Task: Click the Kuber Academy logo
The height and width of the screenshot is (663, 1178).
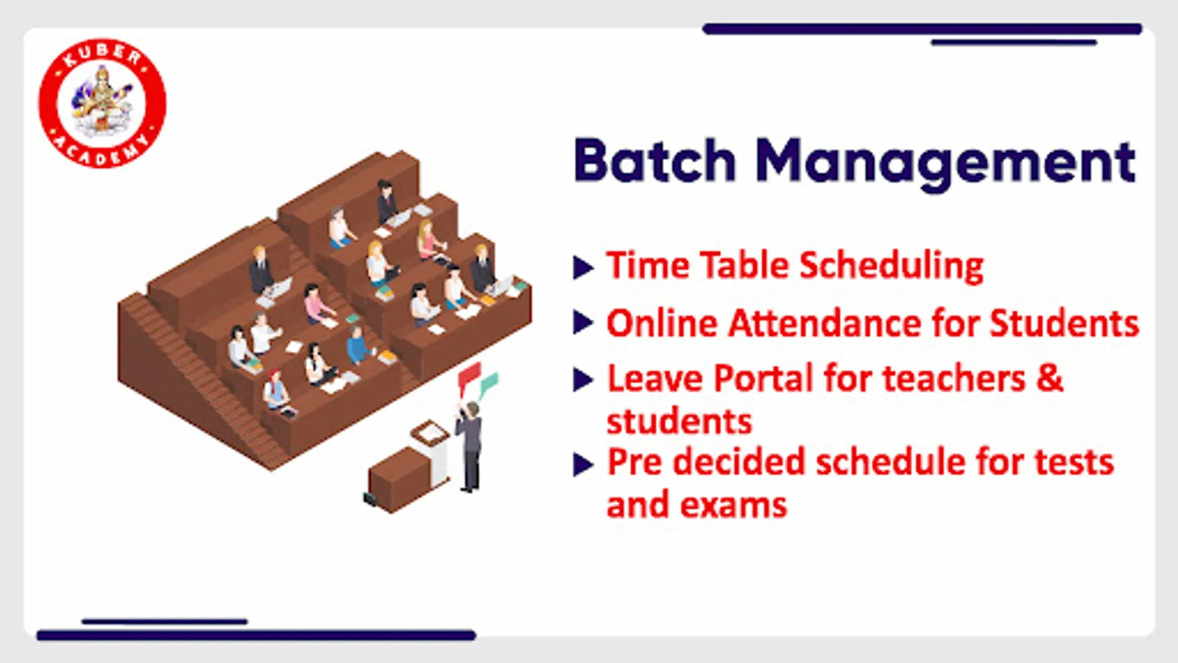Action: tap(102, 104)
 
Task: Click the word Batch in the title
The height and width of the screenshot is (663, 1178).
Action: tap(655, 161)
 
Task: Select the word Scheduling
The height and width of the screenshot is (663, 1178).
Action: tap(892, 266)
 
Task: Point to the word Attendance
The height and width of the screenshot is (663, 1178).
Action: tap(825, 323)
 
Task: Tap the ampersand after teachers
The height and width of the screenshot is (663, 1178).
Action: tap(1049, 379)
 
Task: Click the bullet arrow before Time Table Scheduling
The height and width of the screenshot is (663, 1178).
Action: tap(583, 267)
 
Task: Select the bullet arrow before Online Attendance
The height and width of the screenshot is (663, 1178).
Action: tap(583, 323)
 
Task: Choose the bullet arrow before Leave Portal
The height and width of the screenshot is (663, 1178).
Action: tap(583, 380)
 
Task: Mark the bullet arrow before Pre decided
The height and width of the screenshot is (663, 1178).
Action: tap(583, 465)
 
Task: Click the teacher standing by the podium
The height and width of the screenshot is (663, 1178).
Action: tap(470, 447)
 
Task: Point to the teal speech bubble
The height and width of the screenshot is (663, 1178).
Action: tap(489, 384)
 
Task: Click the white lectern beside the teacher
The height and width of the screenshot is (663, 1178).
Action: tap(432, 452)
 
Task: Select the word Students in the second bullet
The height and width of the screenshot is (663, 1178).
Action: tap(1065, 323)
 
